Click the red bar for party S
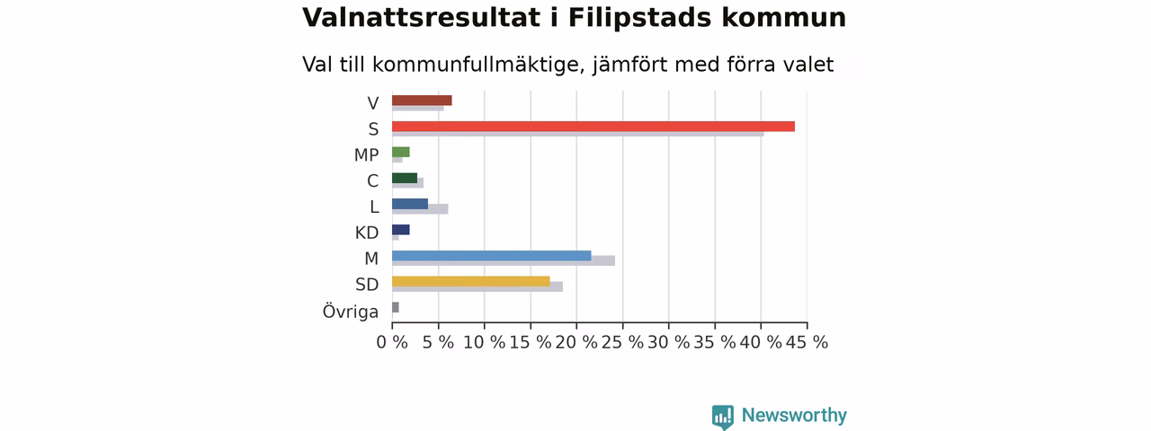tap(593, 127)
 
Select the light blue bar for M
tap(492, 256)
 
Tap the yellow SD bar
tap(471, 281)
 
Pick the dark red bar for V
tap(422, 100)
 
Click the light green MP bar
tap(401, 152)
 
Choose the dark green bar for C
tap(405, 178)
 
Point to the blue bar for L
tap(410, 204)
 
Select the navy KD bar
tap(401, 229)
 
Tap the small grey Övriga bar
tap(395, 307)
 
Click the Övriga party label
tap(351, 312)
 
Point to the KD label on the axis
tap(367, 233)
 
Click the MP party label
tap(366, 155)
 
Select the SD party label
tap(367, 285)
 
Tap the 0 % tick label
tap(392, 342)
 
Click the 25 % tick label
tap(622, 342)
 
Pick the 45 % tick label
tap(807, 342)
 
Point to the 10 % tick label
tap(484, 342)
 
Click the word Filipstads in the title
tap(639, 18)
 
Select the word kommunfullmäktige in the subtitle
tap(479, 66)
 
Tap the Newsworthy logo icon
tap(722, 418)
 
